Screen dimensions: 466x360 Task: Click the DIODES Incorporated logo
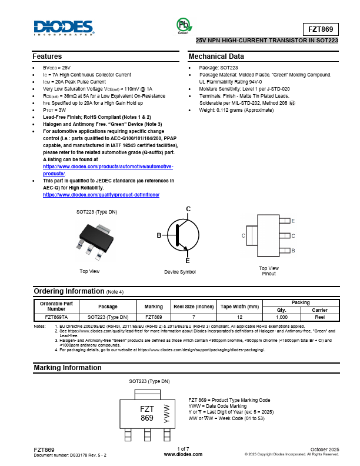(64, 28)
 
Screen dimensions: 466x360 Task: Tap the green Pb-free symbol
(183, 25)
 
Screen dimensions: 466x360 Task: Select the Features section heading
(47, 56)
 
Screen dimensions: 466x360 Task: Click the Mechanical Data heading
(216, 56)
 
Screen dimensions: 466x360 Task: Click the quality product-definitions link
(101, 195)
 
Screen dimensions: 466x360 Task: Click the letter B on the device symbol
(159, 235)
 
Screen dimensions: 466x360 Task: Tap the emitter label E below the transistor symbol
(188, 260)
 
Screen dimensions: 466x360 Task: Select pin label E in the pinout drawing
(293, 221)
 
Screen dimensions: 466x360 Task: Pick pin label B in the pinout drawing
(293, 250)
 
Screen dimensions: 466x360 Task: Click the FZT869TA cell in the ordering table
(56, 317)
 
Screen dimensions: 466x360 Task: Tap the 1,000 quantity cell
(281, 317)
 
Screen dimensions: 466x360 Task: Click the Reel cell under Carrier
(320, 317)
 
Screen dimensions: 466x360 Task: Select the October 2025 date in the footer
(324, 449)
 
